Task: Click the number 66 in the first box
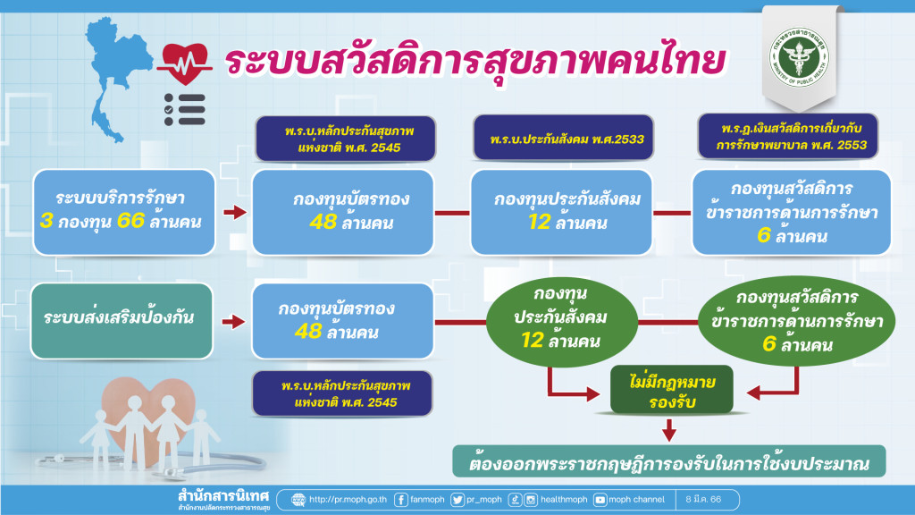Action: click(131, 221)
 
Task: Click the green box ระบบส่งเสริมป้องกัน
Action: click(122, 320)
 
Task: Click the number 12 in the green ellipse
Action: click(539, 340)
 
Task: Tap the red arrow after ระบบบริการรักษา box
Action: click(233, 213)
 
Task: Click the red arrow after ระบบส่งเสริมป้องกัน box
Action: click(233, 321)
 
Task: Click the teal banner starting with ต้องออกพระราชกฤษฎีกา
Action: click(669, 464)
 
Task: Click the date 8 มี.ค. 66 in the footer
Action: click(704, 499)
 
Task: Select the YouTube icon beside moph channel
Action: click(600, 499)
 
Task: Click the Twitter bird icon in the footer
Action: click(457, 499)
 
